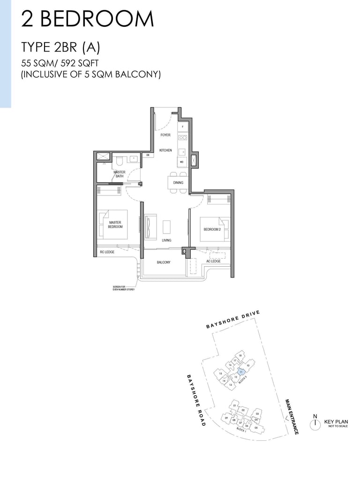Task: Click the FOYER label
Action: [x=165, y=135]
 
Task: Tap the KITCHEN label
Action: [x=165, y=150]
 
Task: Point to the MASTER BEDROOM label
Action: [x=115, y=225]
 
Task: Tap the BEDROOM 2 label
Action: [x=211, y=229]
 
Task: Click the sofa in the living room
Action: [x=150, y=226]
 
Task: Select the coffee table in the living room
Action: [x=167, y=226]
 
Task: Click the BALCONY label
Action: [x=164, y=263]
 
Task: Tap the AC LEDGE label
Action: [x=213, y=261]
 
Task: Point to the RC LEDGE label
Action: [x=107, y=253]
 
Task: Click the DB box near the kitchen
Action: [x=148, y=155]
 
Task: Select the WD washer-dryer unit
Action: [x=181, y=162]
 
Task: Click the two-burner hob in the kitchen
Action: [x=182, y=138]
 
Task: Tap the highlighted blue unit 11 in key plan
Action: [x=241, y=372]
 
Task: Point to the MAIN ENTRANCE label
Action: [x=292, y=416]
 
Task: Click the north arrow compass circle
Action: [x=315, y=423]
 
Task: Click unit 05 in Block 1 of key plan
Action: [x=256, y=428]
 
